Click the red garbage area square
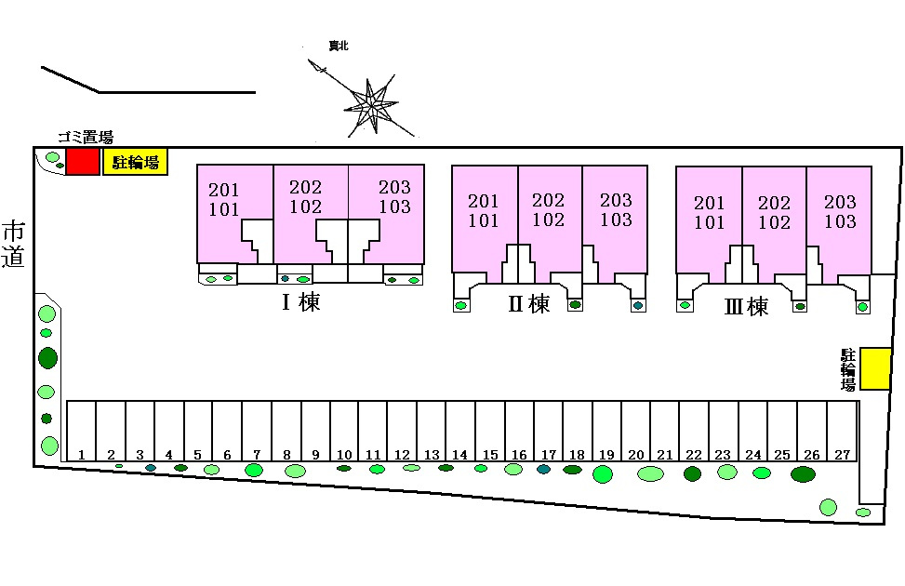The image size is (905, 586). tap(83, 162)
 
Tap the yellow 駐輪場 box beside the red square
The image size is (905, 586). tap(135, 162)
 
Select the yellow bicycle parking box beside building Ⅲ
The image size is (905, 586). tap(875, 368)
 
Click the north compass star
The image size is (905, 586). tap(370, 106)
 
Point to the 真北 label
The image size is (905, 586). tap(339, 46)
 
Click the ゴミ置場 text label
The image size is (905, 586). tap(86, 138)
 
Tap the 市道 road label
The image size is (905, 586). tap(13, 245)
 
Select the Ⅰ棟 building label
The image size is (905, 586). tap(300, 301)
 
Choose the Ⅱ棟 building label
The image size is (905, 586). tap(528, 303)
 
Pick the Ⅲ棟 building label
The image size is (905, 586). tap(746, 306)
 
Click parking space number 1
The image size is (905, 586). tap(81, 431)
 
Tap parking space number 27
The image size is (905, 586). tap(842, 431)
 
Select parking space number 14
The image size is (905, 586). tap(460, 431)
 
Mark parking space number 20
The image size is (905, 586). tap(636, 431)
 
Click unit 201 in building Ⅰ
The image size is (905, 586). tap(224, 190)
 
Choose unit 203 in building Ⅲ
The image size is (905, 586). tap(840, 202)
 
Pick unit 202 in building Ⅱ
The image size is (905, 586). tap(549, 200)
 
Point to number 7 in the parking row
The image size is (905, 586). tap(257, 455)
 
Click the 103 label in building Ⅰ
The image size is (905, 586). tap(394, 206)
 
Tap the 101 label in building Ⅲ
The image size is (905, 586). tap(709, 222)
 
